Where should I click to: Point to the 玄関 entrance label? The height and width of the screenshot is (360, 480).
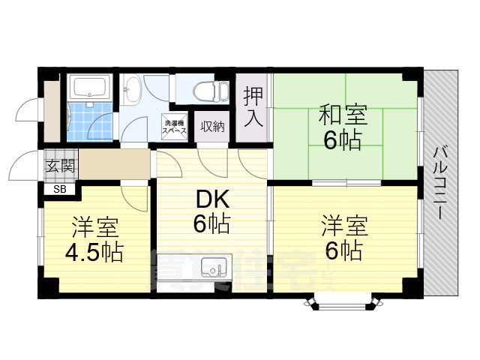[x=60, y=166]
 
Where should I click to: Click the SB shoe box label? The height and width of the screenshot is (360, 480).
[x=59, y=188]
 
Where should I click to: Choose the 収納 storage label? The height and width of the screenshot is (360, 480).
[x=212, y=127]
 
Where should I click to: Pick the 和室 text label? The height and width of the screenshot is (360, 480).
[x=343, y=116]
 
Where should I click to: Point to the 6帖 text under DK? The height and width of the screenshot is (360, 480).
[x=211, y=223]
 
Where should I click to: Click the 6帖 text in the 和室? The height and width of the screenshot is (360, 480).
[x=343, y=140]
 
